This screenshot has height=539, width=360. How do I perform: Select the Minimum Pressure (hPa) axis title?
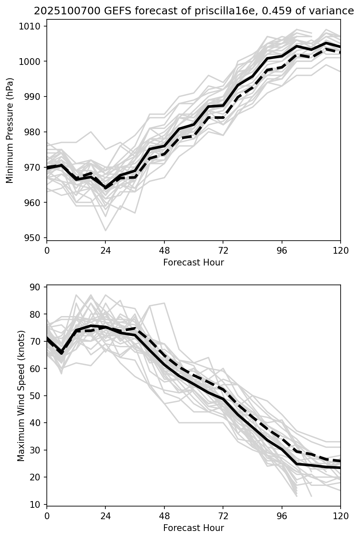(10, 130)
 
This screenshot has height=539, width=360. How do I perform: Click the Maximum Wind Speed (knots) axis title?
(21, 396)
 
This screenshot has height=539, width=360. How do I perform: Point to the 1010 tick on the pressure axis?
(31, 27)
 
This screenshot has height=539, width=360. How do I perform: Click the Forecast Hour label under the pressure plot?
(193, 263)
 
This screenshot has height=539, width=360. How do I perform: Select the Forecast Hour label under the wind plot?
(193, 528)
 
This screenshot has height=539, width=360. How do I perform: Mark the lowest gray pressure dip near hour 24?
(105, 231)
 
